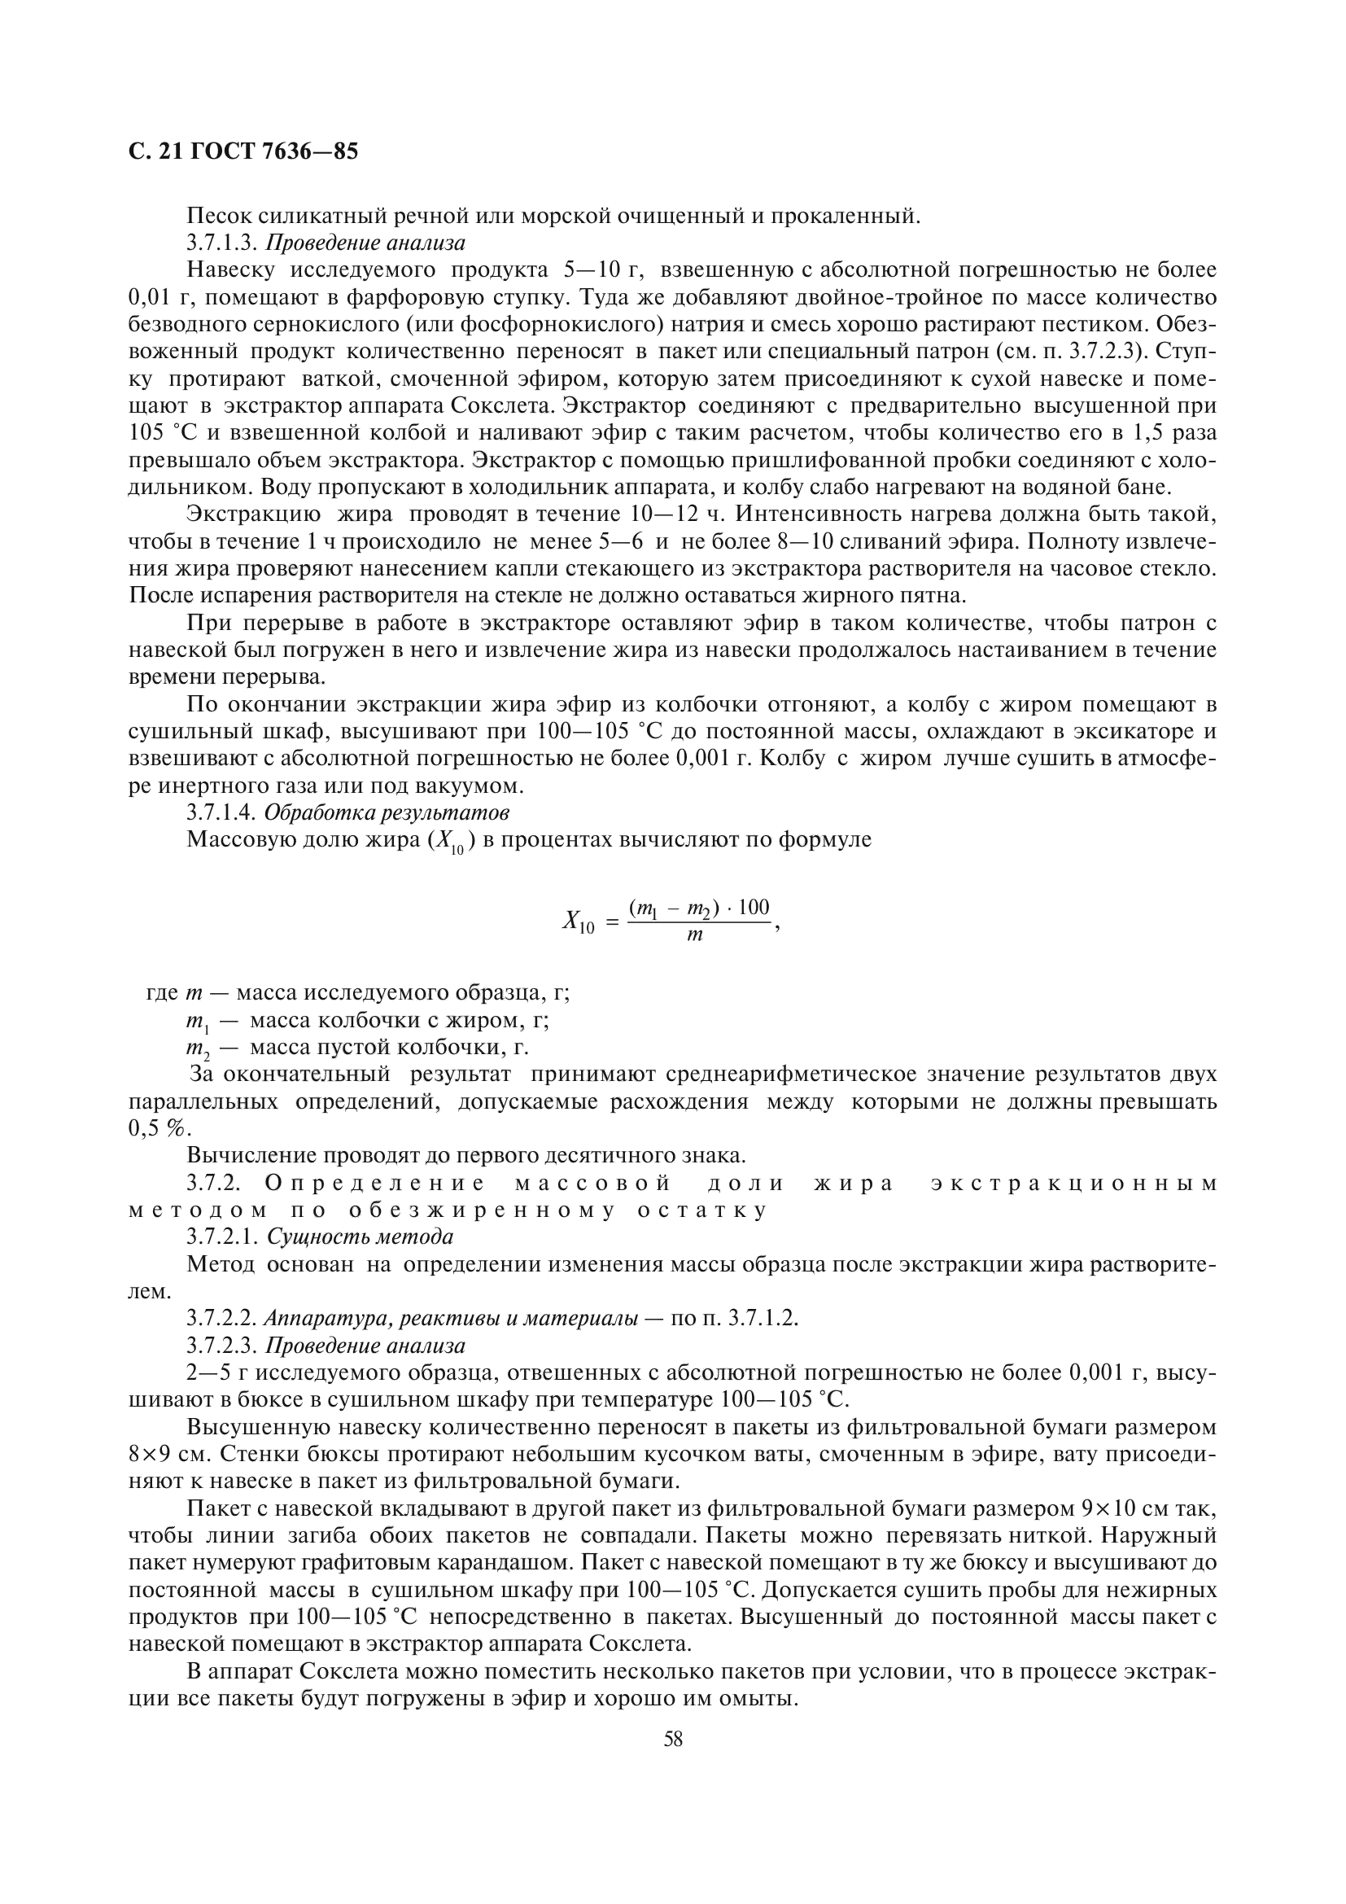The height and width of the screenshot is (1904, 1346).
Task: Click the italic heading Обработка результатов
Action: [387, 811]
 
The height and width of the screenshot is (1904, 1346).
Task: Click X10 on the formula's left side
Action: [578, 921]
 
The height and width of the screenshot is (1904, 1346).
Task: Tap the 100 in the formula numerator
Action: [754, 906]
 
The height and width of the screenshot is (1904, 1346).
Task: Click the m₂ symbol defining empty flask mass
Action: [199, 1048]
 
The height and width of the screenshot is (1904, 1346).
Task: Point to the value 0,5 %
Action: [159, 1127]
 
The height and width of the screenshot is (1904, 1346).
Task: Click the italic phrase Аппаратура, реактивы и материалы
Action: [451, 1318]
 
